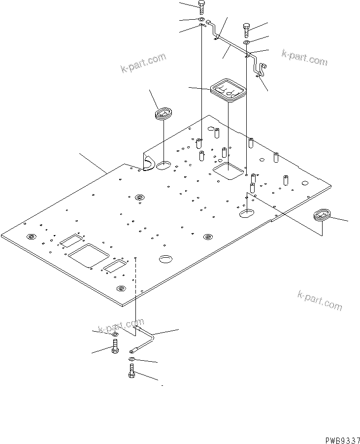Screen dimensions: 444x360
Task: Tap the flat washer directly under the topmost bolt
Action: [202, 20]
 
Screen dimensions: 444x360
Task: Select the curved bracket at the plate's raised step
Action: [148, 162]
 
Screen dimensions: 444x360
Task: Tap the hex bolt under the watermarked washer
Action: [115, 347]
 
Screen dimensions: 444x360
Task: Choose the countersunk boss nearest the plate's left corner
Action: [31, 237]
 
